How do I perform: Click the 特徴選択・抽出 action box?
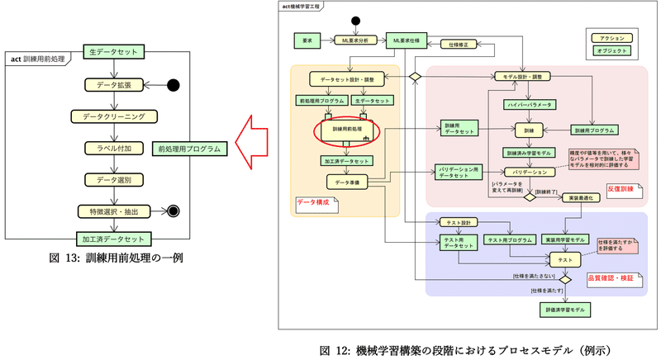pos(115,211)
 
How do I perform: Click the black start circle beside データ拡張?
pos(174,84)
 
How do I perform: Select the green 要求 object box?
pos(307,39)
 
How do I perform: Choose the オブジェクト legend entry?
pos(611,50)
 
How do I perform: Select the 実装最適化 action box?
pos(580,198)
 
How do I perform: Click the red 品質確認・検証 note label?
pos(611,278)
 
